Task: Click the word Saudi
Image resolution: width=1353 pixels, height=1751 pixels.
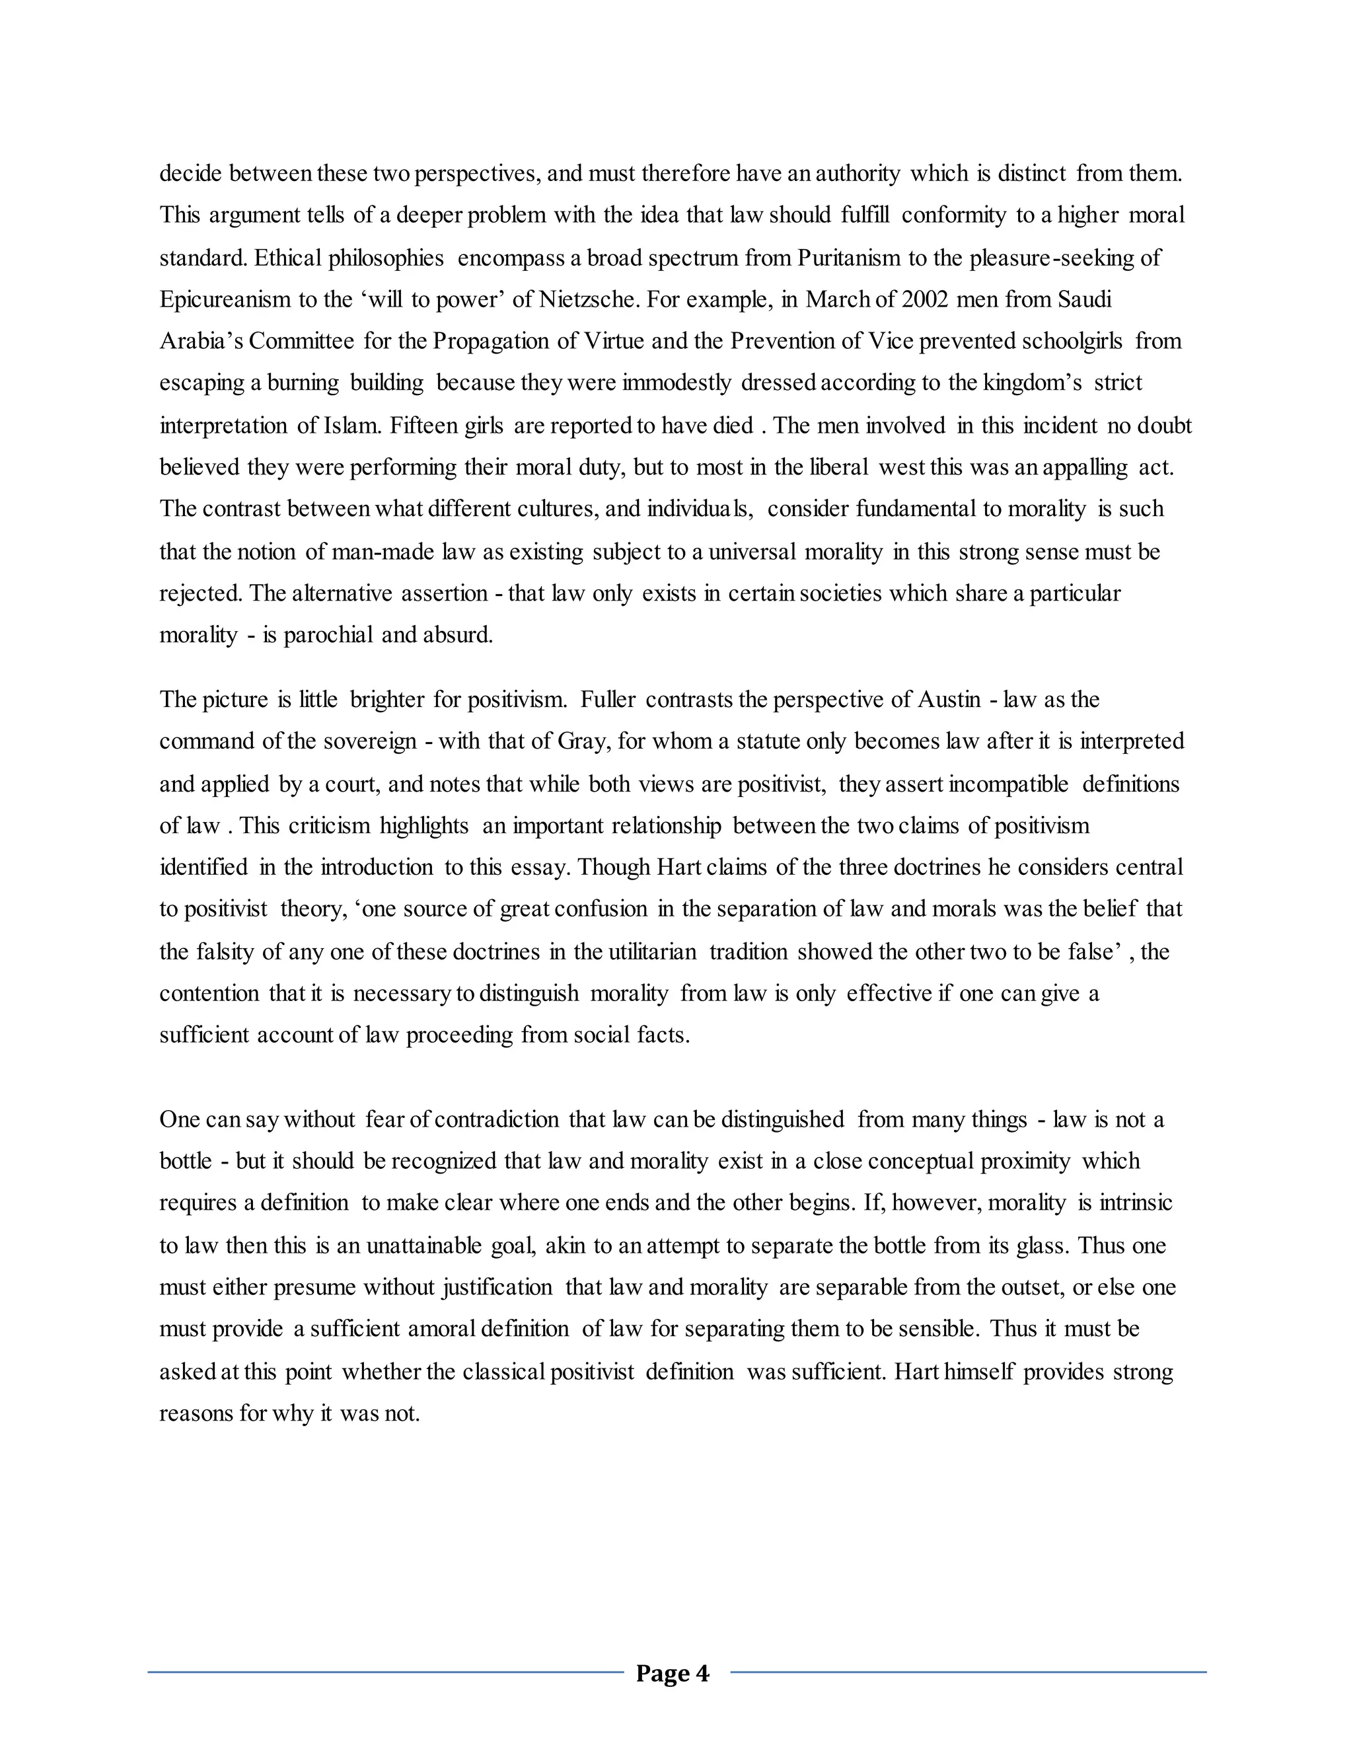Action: [1085, 300]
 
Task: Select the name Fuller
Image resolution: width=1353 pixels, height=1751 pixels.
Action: [608, 700]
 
